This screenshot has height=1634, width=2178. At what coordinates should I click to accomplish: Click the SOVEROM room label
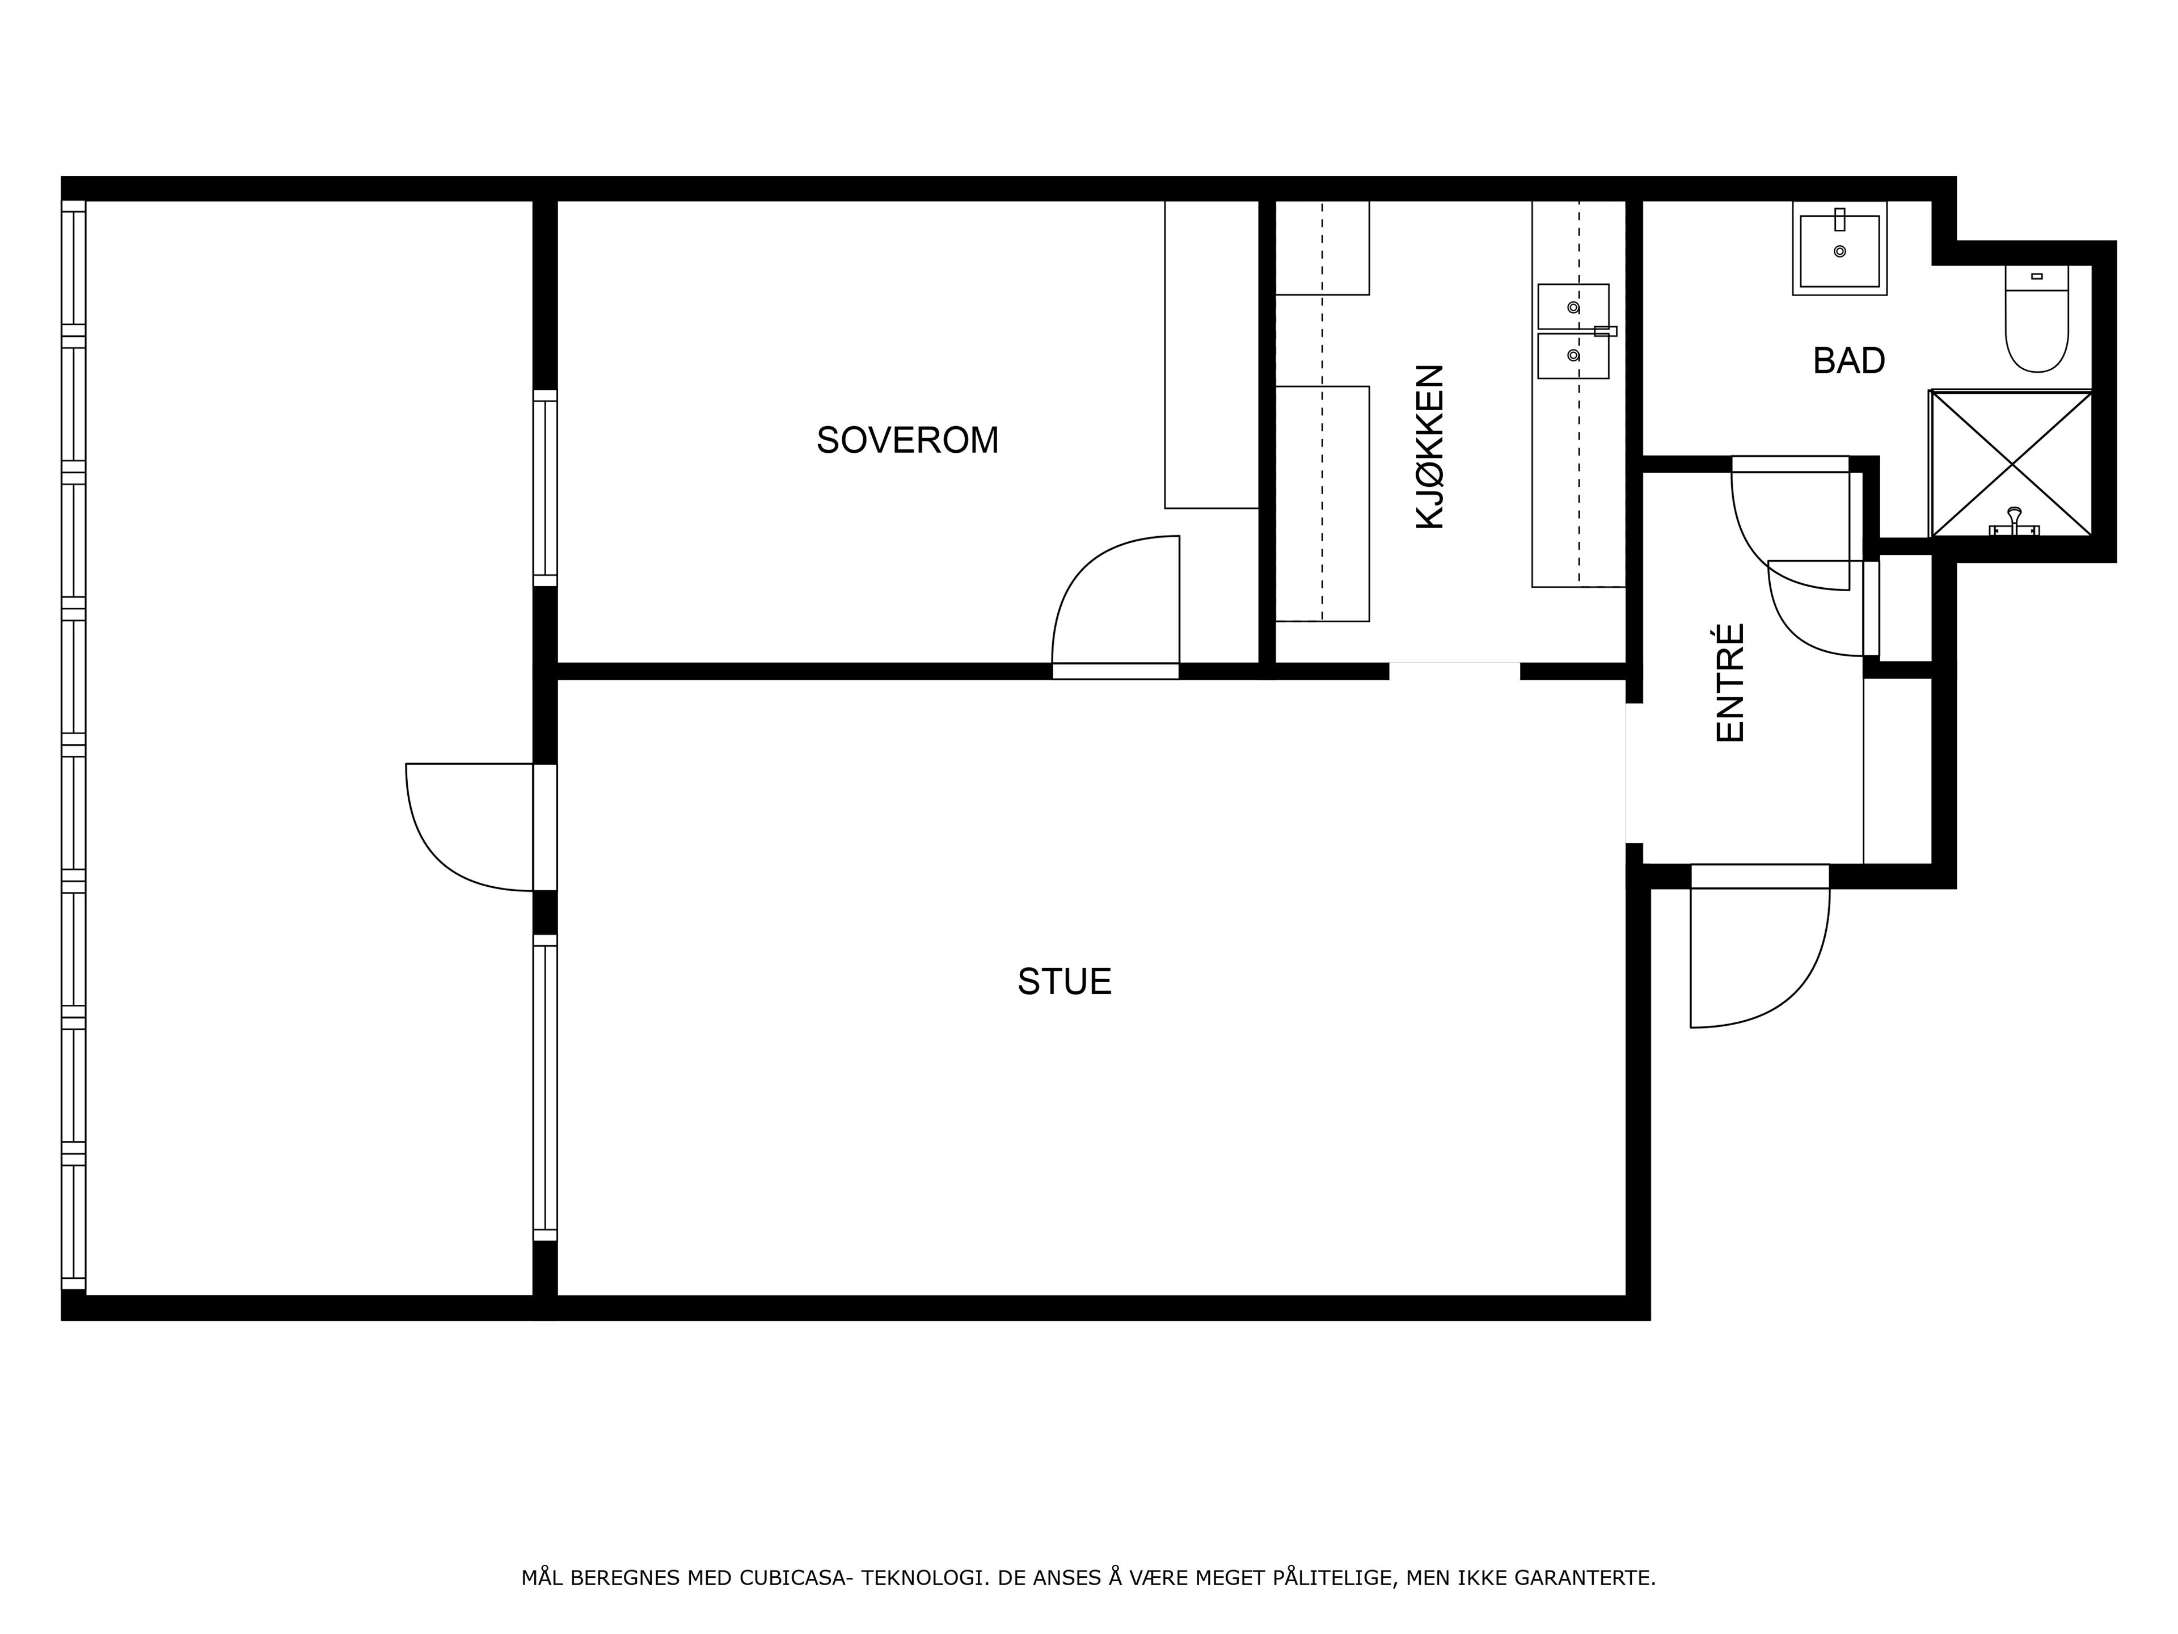coord(907,440)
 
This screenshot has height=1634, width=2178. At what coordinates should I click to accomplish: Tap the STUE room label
coord(1065,982)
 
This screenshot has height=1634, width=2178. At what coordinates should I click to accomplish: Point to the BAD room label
coord(1848,361)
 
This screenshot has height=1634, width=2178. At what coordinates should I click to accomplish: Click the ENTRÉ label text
coord(1730,683)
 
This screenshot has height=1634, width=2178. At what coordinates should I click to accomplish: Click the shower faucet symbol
coord(2015,522)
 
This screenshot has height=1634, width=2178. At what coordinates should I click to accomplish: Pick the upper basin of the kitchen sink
coord(1573,306)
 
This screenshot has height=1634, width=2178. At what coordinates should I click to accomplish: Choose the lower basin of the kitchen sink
coord(1573,356)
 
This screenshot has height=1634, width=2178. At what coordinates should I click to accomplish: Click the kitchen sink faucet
coord(1605,331)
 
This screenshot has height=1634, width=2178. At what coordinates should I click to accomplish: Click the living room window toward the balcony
coord(546,1088)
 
